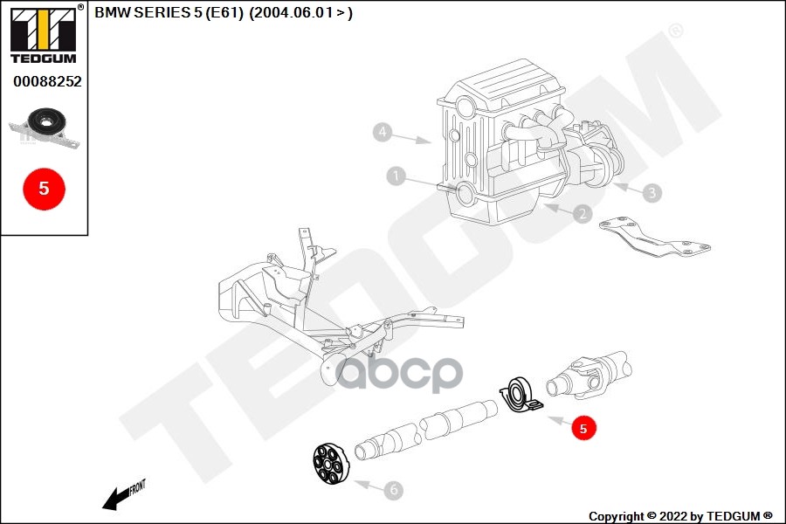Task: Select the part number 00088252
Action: point(47,81)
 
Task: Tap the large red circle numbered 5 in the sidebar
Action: point(44,188)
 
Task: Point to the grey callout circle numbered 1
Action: point(396,176)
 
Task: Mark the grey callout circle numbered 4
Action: point(381,133)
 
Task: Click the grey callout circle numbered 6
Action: point(394,490)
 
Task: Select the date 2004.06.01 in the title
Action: point(289,13)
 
